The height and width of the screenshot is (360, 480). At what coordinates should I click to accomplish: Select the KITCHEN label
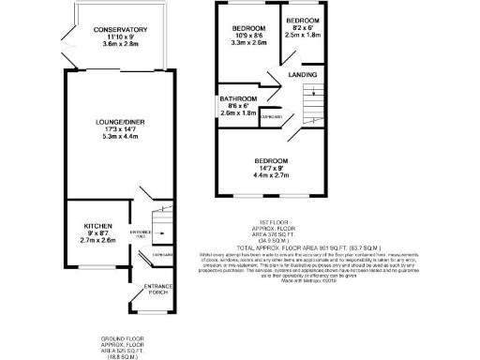[98, 227]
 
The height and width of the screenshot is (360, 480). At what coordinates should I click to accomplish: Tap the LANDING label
[302, 75]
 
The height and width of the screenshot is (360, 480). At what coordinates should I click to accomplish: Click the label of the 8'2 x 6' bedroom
[302, 21]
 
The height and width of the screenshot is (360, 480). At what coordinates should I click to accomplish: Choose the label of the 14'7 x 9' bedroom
[270, 161]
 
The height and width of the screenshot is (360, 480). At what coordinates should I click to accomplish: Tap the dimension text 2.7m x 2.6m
[98, 241]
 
